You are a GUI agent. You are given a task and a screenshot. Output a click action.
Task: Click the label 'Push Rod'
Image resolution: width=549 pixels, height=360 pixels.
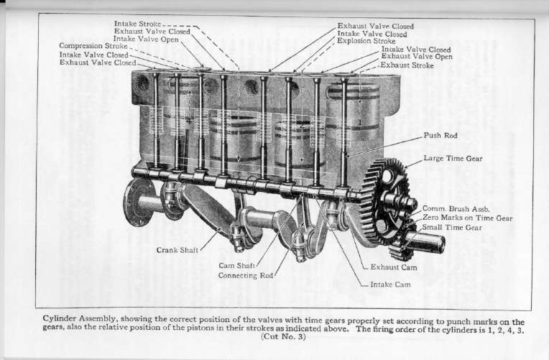(x=440, y=135)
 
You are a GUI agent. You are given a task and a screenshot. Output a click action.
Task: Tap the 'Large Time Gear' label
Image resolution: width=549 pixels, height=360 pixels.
(x=453, y=158)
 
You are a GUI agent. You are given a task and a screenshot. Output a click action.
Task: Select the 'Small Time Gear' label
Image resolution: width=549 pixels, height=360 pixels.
(x=451, y=227)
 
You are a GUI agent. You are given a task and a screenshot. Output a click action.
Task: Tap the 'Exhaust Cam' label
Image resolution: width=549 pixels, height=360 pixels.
(x=393, y=267)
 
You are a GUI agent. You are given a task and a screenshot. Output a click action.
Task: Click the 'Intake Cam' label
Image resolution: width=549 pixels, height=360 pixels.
(x=390, y=285)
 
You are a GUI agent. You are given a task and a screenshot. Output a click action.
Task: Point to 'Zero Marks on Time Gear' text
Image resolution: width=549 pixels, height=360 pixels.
(x=467, y=218)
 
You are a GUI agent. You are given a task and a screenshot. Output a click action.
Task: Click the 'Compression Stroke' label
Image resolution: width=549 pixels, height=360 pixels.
(x=93, y=46)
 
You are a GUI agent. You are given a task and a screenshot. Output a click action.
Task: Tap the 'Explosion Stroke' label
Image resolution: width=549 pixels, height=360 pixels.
(x=366, y=42)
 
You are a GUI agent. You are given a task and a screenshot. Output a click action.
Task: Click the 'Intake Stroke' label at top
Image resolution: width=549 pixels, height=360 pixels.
(x=138, y=24)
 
